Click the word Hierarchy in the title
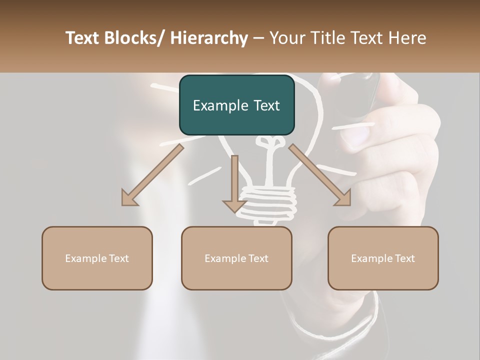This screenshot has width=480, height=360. [x=209, y=38]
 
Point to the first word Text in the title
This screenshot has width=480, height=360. [x=83, y=38]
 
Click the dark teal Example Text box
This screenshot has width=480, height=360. [x=236, y=105]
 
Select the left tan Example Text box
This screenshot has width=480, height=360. [x=97, y=258]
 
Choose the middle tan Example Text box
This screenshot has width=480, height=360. [x=236, y=258]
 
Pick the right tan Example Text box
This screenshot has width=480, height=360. [x=383, y=258]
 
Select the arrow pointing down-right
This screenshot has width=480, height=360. [x=320, y=175]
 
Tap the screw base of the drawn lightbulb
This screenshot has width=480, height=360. [x=267, y=202]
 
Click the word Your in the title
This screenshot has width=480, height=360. [x=286, y=38]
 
